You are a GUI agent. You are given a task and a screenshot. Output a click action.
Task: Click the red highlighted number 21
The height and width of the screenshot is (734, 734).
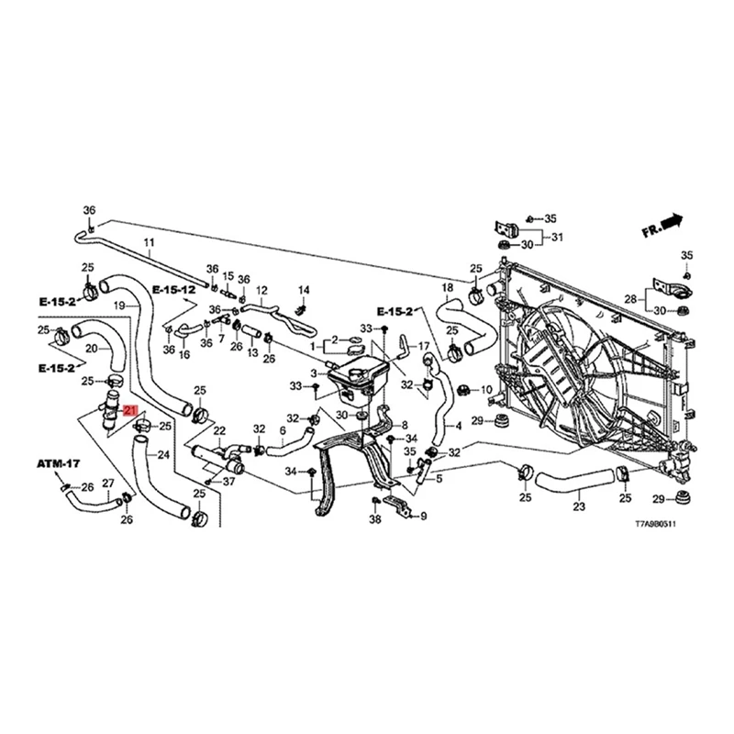click(x=129, y=412)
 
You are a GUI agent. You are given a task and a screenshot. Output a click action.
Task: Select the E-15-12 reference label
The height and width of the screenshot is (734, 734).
click(x=174, y=290)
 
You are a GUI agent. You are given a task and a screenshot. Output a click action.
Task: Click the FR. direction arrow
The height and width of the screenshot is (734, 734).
click(x=663, y=224)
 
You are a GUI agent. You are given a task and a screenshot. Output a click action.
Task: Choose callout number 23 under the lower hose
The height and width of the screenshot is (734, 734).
click(x=578, y=506)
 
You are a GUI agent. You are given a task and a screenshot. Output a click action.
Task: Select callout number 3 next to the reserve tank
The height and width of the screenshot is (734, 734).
click(x=313, y=373)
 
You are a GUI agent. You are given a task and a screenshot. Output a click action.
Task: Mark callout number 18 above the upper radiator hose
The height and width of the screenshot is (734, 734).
click(x=448, y=288)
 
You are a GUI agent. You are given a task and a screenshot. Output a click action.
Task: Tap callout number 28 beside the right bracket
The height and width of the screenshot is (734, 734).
click(x=630, y=299)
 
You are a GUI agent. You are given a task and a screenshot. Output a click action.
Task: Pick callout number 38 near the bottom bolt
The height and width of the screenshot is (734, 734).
click(x=374, y=520)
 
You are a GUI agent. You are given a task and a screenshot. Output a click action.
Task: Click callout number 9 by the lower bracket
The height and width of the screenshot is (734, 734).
click(x=423, y=517)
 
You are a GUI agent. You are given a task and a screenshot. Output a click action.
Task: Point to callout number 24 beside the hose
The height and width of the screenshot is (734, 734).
click(x=163, y=455)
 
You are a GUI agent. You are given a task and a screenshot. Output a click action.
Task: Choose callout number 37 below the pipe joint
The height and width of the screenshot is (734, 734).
click(x=228, y=481)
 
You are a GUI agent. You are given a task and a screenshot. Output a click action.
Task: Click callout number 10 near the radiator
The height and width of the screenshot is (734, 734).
click(x=486, y=390)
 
